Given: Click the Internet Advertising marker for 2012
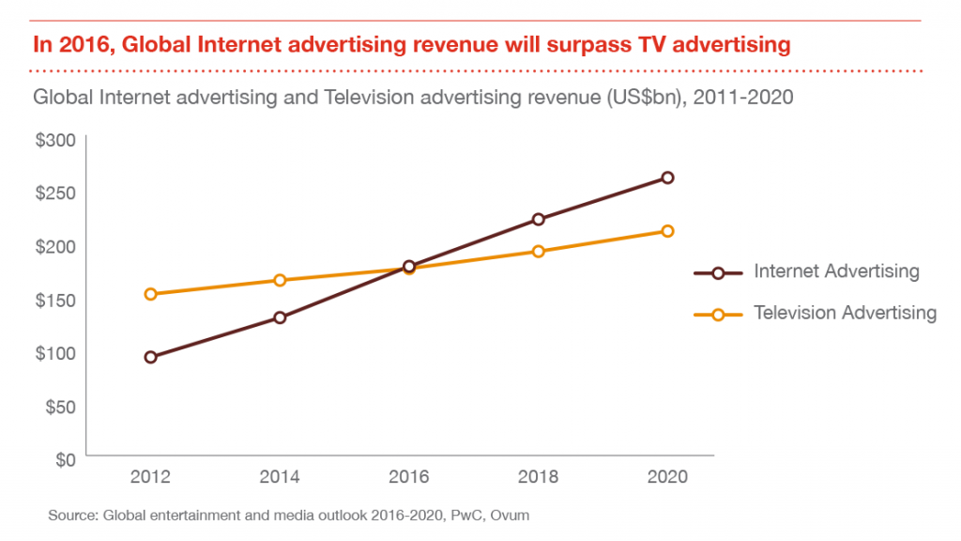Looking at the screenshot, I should click(150, 357).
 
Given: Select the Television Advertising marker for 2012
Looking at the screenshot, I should click(150, 294).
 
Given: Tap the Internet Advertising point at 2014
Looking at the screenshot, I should click(280, 317).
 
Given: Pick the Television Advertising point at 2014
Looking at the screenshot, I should click(280, 280).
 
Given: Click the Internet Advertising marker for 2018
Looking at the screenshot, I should click(538, 220).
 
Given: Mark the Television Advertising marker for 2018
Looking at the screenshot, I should click(538, 251).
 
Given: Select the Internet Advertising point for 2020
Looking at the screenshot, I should click(667, 178).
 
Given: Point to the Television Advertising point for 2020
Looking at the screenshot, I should click(667, 231).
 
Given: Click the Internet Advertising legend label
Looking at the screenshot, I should click(836, 271).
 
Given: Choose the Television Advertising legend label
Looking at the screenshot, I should click(845, 313).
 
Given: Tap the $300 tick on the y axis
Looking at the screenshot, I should click(56, 140).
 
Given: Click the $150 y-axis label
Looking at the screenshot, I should click(56, 301).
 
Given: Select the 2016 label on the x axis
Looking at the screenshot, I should click(409, 477).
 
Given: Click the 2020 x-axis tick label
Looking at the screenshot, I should click(667, 477).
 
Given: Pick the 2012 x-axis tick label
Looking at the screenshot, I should click(150, 477).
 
